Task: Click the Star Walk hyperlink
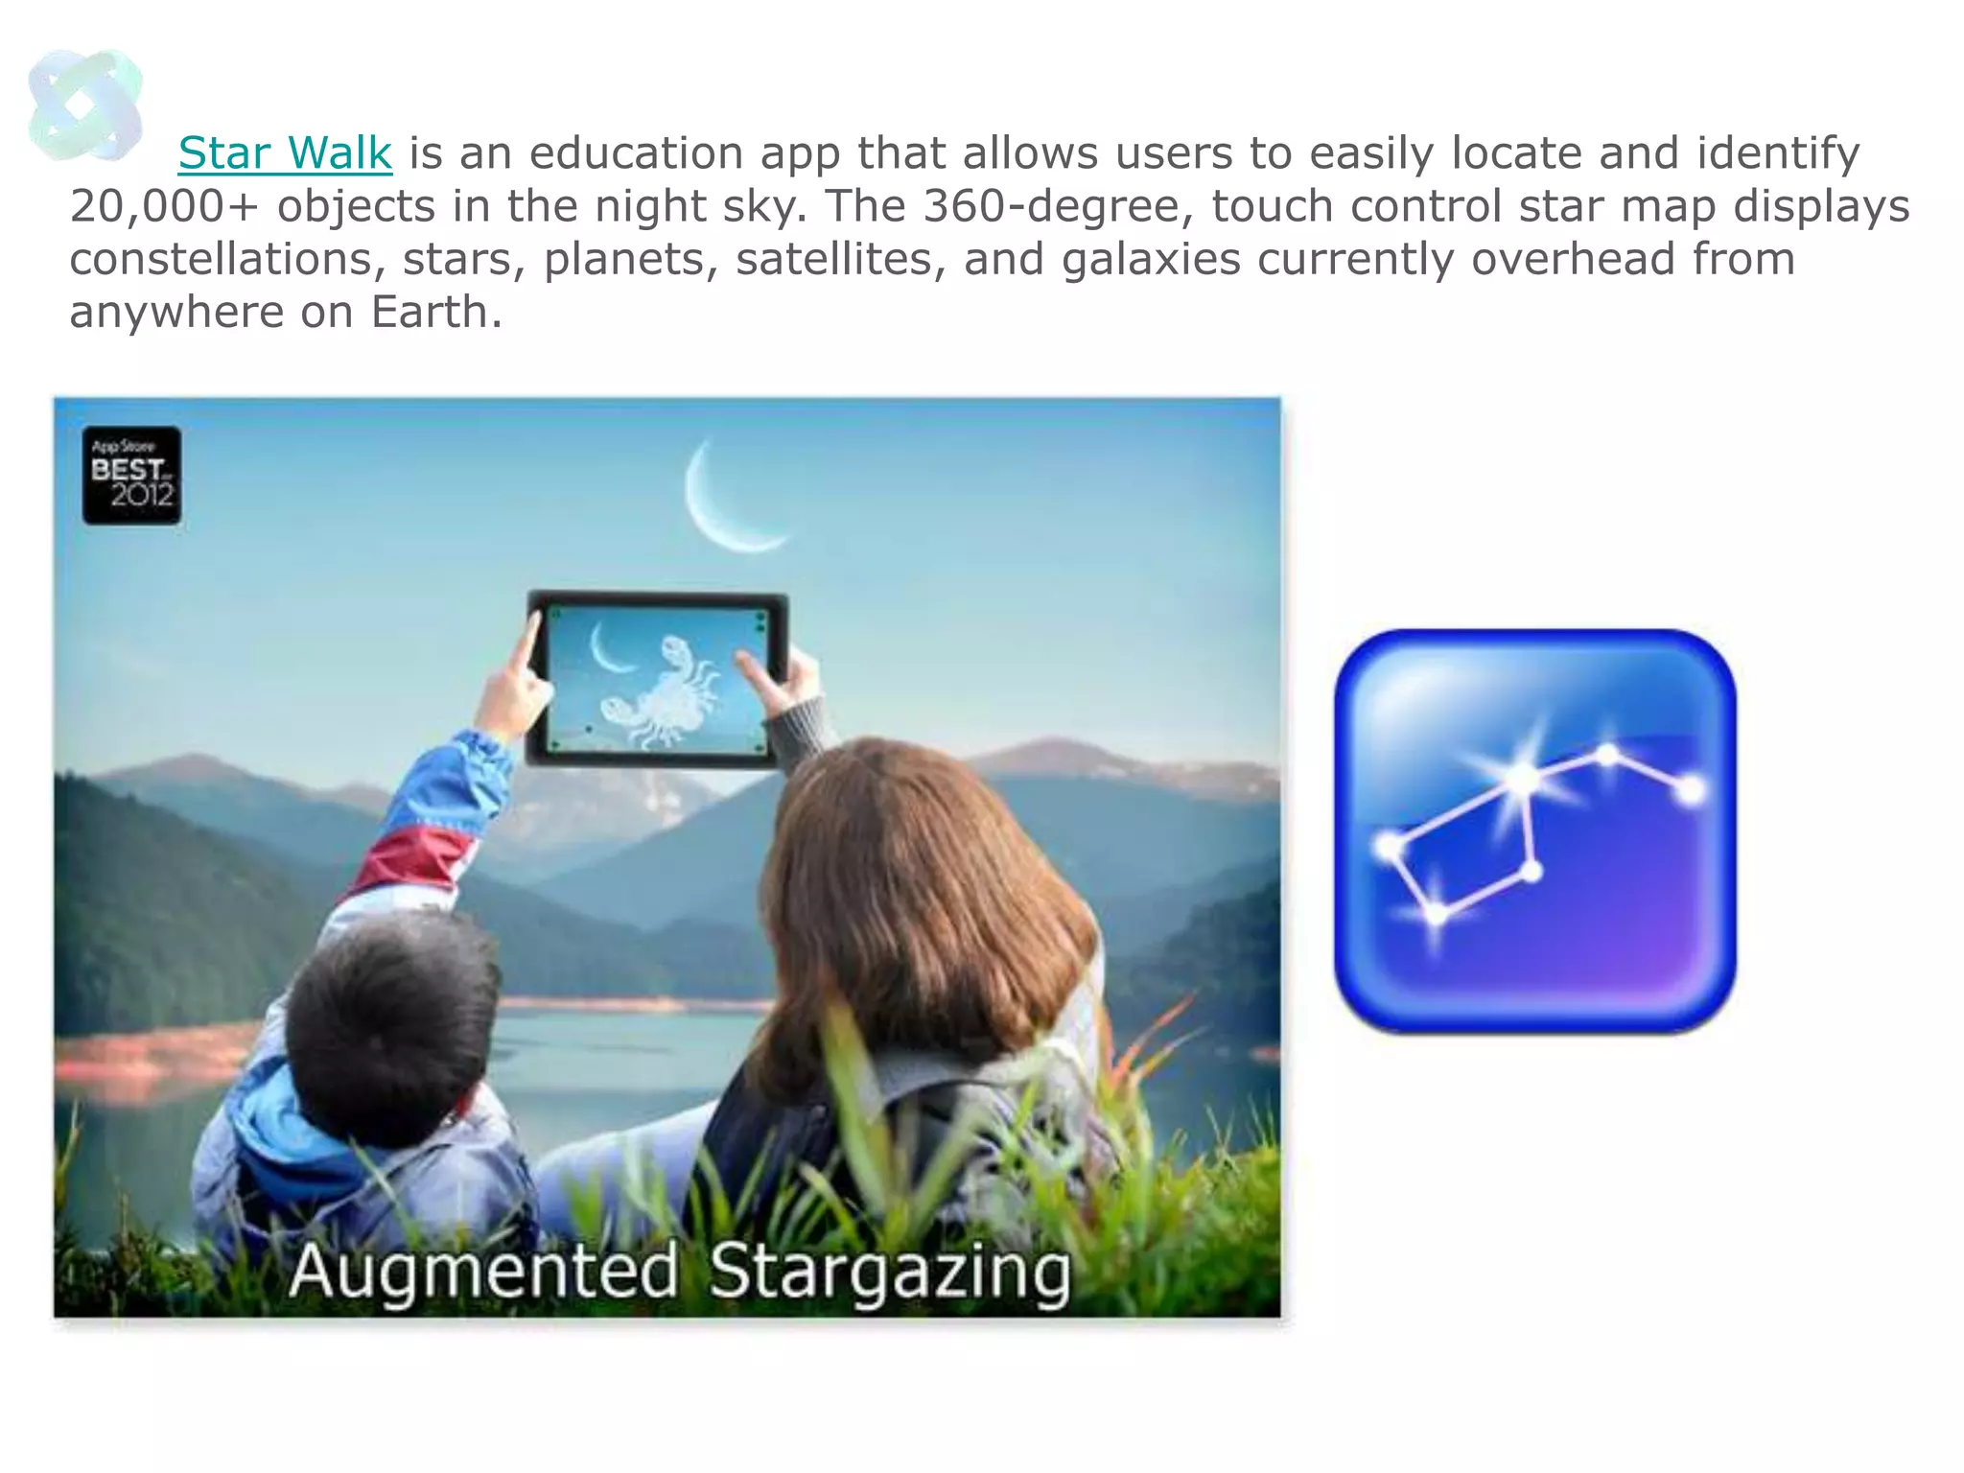285,153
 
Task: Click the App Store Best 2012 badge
131,476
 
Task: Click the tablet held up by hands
657,679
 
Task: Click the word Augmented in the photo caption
484,1272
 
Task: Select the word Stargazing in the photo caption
889,1272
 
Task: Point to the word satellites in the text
834,260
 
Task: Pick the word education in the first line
636,153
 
